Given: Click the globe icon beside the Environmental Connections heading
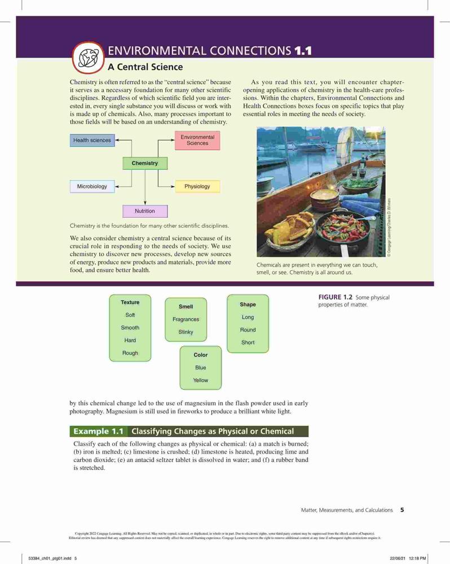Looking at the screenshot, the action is [x=88, y=58].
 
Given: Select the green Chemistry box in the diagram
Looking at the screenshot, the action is [x=145, y=164].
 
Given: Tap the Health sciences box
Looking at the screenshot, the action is [x=92, y=140].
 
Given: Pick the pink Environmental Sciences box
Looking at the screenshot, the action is [x=197, y=140].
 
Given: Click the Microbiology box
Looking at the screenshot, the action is [x=92, y=186].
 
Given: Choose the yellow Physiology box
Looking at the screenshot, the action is [x=197, y=186].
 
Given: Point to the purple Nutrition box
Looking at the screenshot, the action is [x=145, y=211].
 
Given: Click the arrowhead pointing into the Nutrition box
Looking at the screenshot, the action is [x=145, y=203].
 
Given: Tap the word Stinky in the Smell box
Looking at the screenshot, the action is [x=186, y=332].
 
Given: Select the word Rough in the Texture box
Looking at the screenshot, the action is [x=130, y=353].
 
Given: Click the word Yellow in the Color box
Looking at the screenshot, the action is [x=200, y=380].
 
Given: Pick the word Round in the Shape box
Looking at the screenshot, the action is [x=248, y=330].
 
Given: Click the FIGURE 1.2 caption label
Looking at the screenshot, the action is [x=336, y=297].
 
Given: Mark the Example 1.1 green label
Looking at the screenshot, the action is [x=99, y=431].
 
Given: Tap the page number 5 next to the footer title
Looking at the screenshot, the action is [x=402, y=510].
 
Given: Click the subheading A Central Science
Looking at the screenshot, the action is [x=145, y=67].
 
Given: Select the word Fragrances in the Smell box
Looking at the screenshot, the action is [x=186, y=319].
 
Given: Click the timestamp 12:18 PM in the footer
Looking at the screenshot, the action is [x=418, y=558].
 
